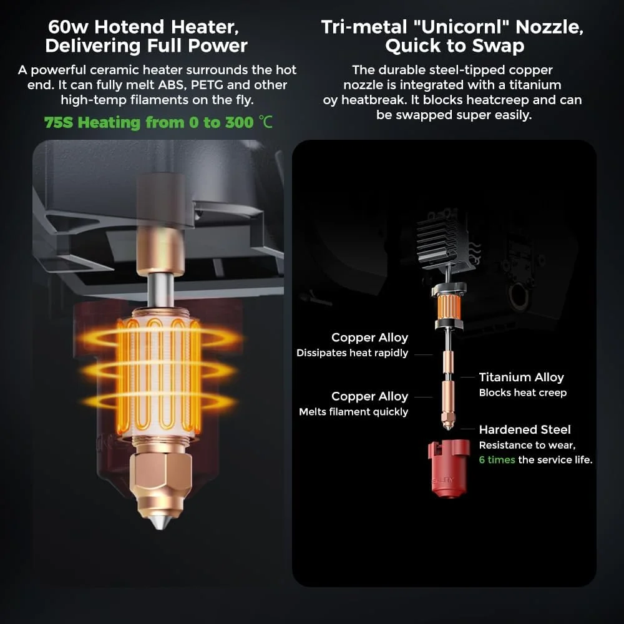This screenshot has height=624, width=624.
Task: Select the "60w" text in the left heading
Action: (x=69, y=27)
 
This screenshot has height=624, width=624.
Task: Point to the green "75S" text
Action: (x=59, y=122)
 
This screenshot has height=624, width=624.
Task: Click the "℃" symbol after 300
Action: (x=265, y=122)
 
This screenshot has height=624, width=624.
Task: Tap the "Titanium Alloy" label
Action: (x=521, y=377)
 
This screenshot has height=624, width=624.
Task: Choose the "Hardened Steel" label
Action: (x=525, y=429)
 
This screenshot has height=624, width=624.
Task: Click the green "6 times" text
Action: (x=497, y=460)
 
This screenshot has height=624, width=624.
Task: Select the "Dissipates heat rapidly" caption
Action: (x=352, y=353)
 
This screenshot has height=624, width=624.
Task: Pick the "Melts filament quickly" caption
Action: (x=353, y=411)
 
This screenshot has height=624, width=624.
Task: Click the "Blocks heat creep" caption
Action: (x=522, y=392)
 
